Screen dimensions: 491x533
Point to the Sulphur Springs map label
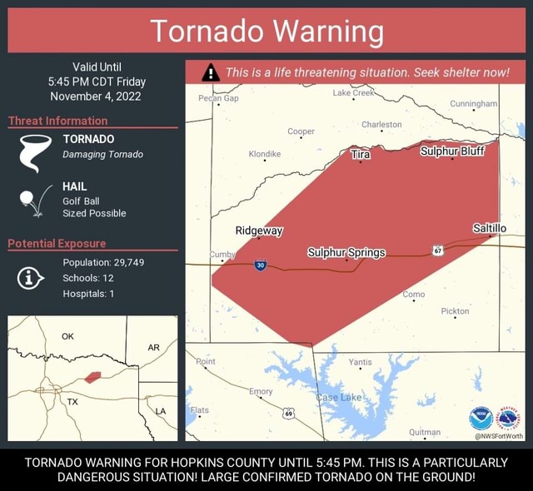[346, 252]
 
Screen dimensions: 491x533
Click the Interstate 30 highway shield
[260, 265]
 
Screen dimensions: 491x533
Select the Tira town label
[361, 155]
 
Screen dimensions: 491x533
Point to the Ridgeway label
[259, 231]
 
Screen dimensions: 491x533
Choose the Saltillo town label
[489, 228]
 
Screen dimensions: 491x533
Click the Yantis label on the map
[360, 362]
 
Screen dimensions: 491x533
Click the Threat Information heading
[57, 121]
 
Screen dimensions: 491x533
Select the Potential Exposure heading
[57, 243]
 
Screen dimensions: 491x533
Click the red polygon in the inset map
[92, 377]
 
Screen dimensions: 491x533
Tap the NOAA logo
[481, 418]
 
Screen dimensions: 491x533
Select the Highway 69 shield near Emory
[288, 413]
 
